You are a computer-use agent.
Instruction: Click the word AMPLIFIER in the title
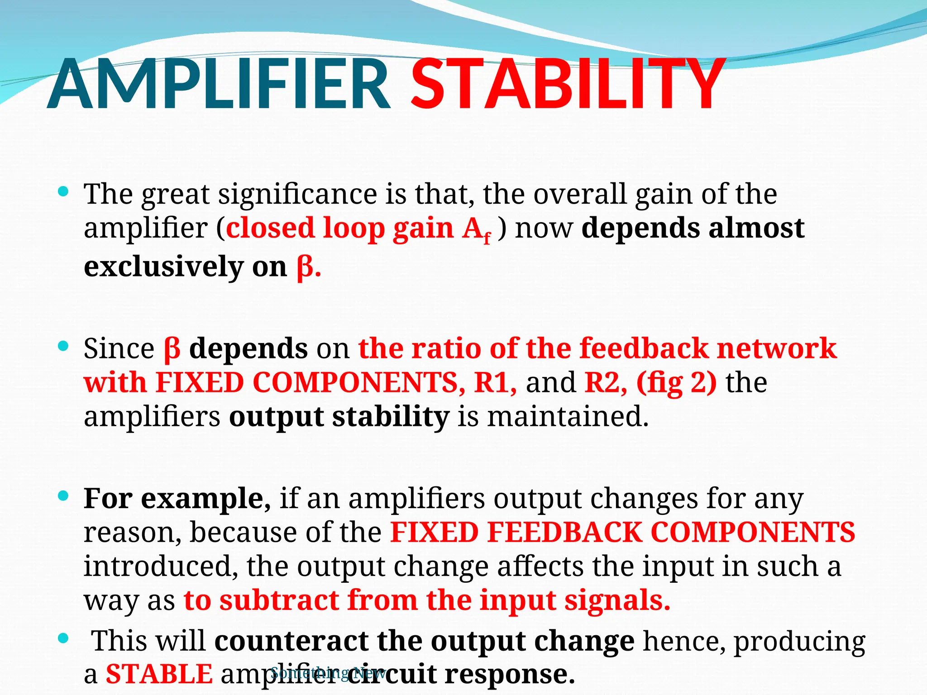219,85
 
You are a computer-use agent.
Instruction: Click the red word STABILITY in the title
568,85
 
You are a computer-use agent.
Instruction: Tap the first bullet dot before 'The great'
63,192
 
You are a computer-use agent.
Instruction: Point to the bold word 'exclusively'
163,267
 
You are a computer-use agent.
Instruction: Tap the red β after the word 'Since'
172,349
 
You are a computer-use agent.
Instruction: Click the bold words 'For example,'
177,499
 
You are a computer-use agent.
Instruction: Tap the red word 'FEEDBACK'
564,532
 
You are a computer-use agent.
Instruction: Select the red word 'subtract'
279,600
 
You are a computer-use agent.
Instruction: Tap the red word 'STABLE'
159,674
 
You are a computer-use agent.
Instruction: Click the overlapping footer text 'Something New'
328,673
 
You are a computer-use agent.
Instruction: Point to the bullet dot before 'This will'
63,639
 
